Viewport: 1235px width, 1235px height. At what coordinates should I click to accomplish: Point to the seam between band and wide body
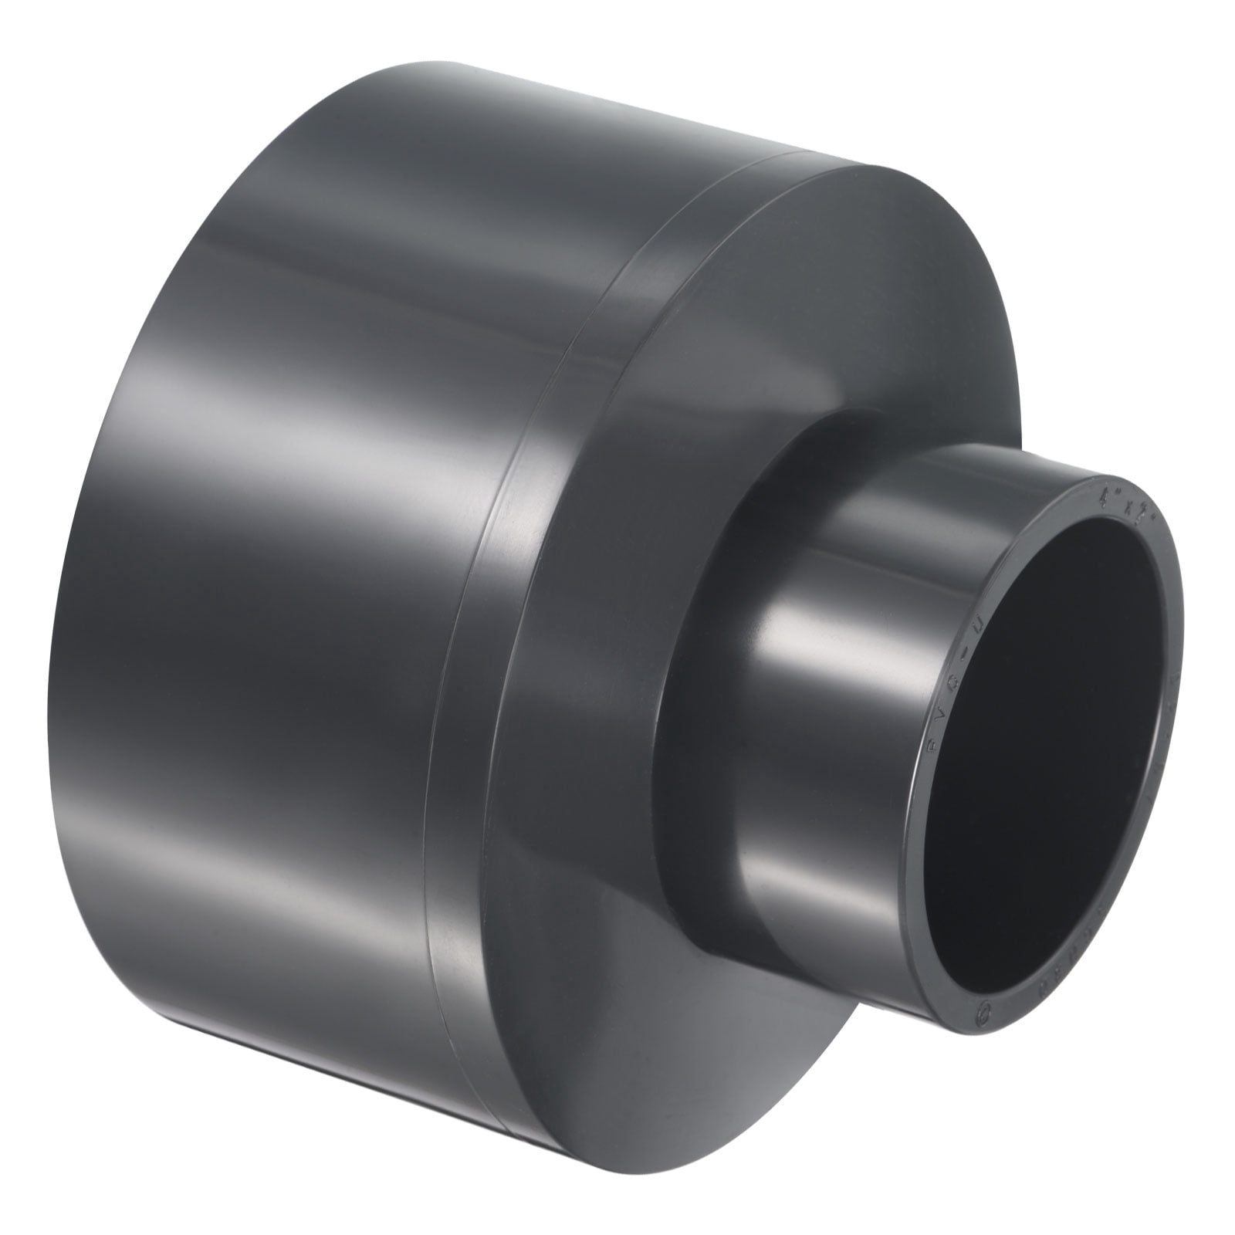[463, 617]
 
